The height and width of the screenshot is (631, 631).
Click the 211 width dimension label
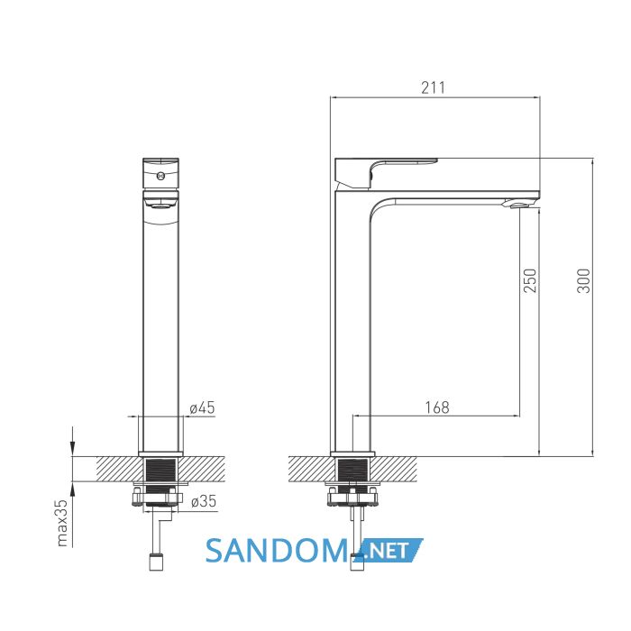click(x=434, y=87)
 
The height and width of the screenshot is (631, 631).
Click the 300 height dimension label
click(x=583, y=280)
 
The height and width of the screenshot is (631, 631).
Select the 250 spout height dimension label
click(x=530, y=280)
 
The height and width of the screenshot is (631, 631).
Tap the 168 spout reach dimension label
click(x=437, y=407)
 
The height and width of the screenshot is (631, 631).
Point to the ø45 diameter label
click(x=203, y=407)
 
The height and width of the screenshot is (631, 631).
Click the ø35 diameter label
click(x=204, y=501)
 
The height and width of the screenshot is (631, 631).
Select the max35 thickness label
click(x=62, y=523)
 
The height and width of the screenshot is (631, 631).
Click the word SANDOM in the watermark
click(x=277, y=551)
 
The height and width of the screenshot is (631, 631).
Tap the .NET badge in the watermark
click(x=389, y=550)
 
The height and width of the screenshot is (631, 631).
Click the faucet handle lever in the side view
click(x=387, y=173)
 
